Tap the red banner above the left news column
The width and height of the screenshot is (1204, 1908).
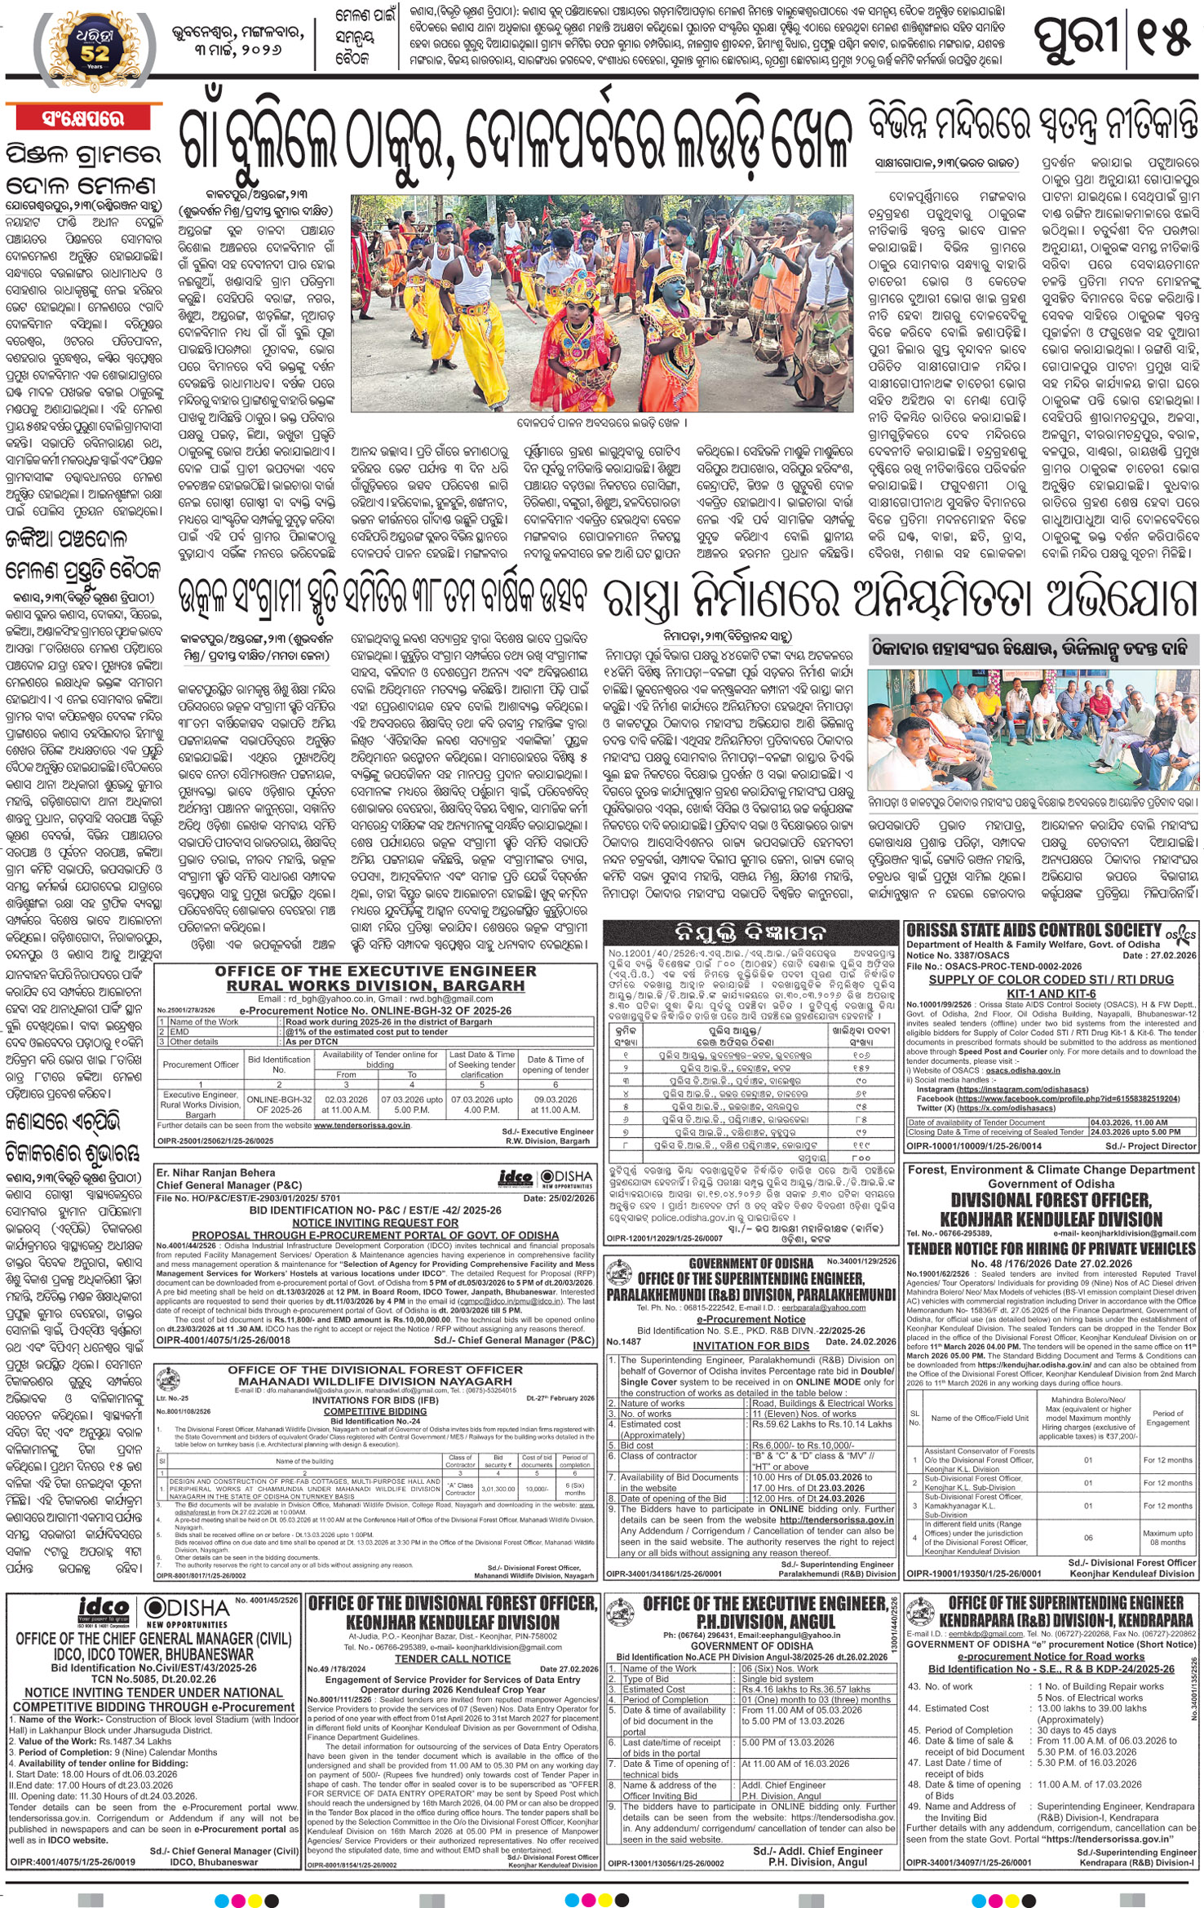click(x=82, y=118)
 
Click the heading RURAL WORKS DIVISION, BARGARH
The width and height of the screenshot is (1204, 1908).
click(x=375, y=985)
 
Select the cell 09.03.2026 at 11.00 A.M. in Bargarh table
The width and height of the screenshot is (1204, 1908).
click(x=556, y=1105)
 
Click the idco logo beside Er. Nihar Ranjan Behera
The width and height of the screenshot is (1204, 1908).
click(x=516, y=1178)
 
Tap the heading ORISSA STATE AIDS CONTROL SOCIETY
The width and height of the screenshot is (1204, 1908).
click(x=1034, y=930)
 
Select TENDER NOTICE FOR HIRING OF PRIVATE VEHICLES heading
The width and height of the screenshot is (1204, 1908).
click(x=1051, y=1249)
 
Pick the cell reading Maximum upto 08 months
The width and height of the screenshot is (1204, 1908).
click(x=1167, y=1538)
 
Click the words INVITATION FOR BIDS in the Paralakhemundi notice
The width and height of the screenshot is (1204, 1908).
click(x=750, y=1346)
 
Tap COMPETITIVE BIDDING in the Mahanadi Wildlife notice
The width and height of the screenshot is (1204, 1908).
click(x=374, y=1411)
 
